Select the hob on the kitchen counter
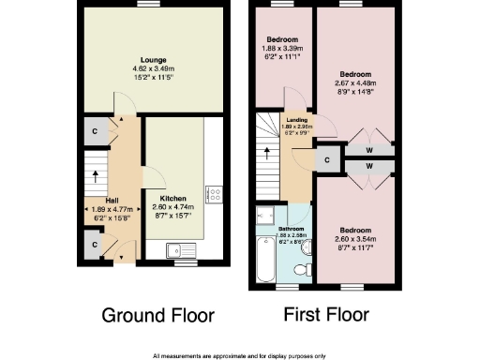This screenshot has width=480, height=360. pyautogui.click(x=213, y=196)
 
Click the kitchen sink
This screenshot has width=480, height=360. pyautogui.click(x=176, y=249)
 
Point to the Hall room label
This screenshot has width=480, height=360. pyautogui.click(x=112, y=201)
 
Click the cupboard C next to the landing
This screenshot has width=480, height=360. pyautogui.click(x=326, y=159)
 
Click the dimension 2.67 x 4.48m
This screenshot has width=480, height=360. pyautogui.click(x=355, y=82)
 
